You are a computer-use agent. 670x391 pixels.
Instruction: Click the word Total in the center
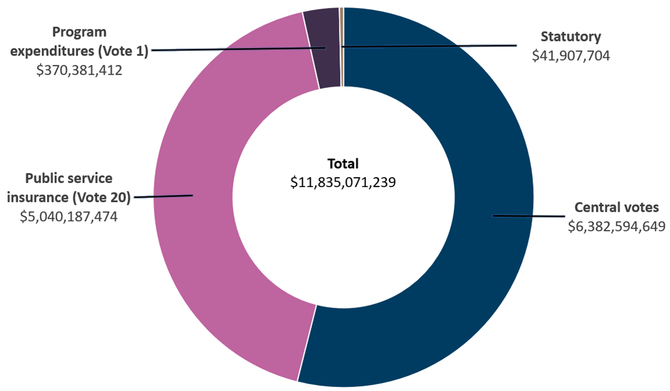(x=343, y=163)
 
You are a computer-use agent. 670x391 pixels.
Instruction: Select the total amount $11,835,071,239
(x=343, y=182)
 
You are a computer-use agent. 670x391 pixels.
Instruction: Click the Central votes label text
(x=617, y=207)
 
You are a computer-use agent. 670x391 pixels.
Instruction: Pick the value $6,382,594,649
(x=617, y=226)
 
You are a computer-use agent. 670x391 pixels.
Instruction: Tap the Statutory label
(x=571, y=37)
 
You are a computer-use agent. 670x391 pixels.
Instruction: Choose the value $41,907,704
(x=571, y=56)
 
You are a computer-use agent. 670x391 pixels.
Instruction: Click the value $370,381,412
(x=79, y=71)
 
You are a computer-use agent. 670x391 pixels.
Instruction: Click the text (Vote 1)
(x=123, y=51)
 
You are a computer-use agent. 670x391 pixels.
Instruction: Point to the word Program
(x=79, y=32)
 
